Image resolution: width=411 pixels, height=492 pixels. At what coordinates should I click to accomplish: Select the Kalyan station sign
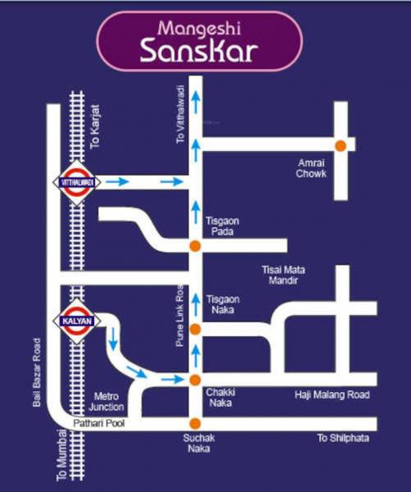tap(77, 320)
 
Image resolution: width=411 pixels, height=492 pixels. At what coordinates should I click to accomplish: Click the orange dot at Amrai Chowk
tap(340, 145)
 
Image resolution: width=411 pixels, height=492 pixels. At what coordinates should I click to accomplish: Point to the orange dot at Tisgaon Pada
tap(195, 245)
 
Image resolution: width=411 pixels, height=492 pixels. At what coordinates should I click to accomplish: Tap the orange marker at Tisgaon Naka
tap(195, 329)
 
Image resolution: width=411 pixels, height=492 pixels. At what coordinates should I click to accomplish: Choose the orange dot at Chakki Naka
tap(195, 380)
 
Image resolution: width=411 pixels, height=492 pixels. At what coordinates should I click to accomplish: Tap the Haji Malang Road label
tap(332, 395)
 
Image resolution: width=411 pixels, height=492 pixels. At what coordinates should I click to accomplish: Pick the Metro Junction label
tap(108, 401)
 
